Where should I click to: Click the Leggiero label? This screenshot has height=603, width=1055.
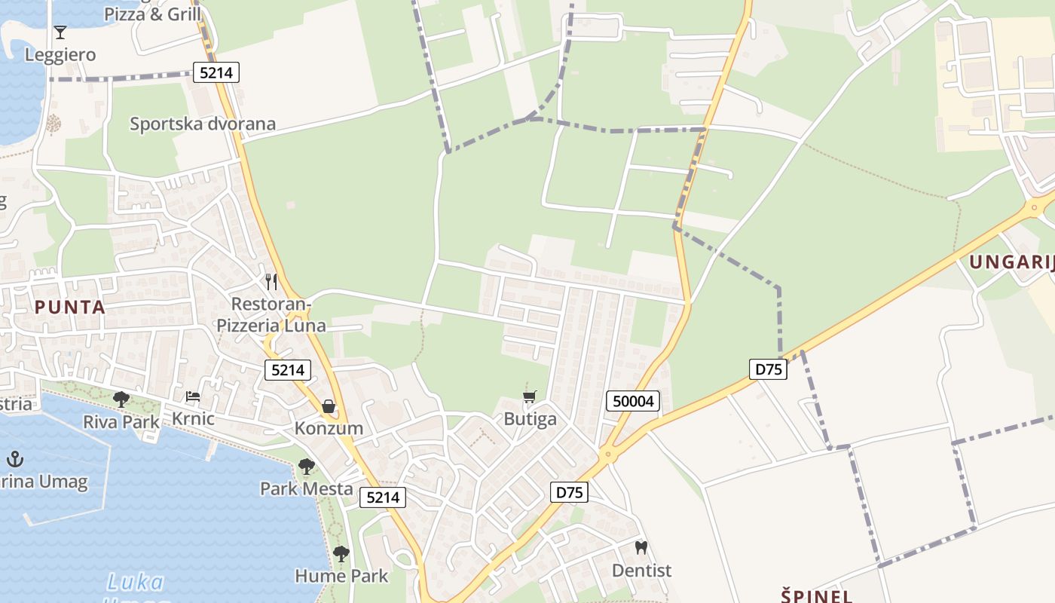pyautogui.click(x=60, y=55)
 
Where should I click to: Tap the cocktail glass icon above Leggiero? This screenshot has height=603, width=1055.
pyautogui.click(x=60, y=32)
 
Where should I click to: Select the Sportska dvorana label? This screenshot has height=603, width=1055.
pyautogui.click(x=203, y=124)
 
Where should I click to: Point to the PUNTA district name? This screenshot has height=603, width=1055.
pyautogui.click(x=69, y=308)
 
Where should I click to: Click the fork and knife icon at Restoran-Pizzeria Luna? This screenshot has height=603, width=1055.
pyautogui.click(x=271, y=282)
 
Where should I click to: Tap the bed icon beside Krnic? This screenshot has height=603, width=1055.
pyautogui.click(x=193, y=396)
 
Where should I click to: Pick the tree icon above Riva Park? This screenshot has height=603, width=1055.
pyautogui.click(x=121, y=399)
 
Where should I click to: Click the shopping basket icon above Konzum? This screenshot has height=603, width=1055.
pyautogui.click(x=329, y=406)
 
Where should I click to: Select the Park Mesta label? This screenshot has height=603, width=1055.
pyautogui.click(x=307, y=488)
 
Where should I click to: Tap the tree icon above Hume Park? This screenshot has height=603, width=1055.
pyautogui.click(x=341, y=554)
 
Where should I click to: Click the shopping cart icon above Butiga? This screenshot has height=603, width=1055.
pyautogui.click(x=530, y=396)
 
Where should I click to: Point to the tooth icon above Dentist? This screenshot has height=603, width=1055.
pyautogui.click(x=641, y=548)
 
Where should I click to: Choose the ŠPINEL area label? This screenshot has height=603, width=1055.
pyautogui.click(x=817, y=595)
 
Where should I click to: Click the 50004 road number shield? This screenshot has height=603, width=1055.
pyautogui.click(x=633, y=401)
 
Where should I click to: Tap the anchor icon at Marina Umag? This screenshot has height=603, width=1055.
pyautogui.click(x=14, y=458)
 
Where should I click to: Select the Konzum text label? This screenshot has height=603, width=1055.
pyautogui.click(x=329, y=428)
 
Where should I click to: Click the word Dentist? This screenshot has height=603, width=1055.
pyautogui.click(x=641, y=571)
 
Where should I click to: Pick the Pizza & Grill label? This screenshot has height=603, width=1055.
pyautogui.click(x=153, y=14)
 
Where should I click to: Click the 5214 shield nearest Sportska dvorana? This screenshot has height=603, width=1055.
pyautogui.click(x=216, y=72)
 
